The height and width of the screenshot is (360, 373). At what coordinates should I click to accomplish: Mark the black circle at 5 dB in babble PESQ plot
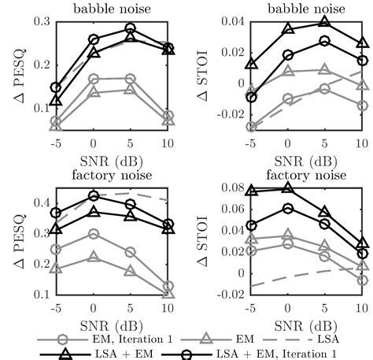(x=131, y=28)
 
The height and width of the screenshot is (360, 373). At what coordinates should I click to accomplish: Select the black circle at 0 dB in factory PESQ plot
(x=94, y=195)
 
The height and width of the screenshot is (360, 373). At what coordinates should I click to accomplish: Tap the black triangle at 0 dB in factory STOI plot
(x=287, y=188)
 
